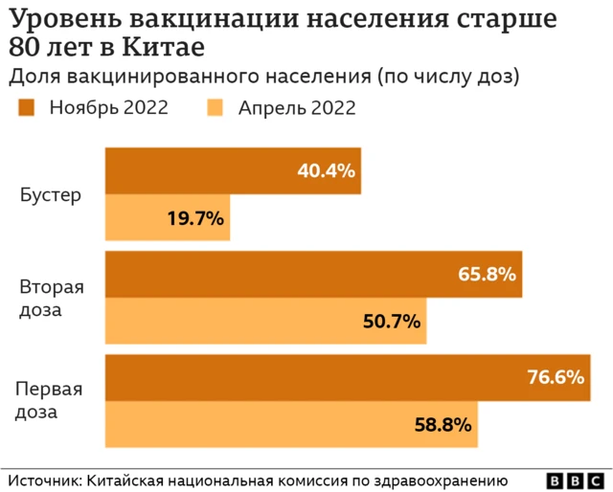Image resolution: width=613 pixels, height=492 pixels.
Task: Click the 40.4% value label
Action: (x=326, y=171)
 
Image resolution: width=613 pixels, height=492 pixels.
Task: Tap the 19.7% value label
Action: (x=195, y=218)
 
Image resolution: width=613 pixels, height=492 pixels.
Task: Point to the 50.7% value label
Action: (x=392, y=322)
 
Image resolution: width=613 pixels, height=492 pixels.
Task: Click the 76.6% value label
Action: (x=556, y=377)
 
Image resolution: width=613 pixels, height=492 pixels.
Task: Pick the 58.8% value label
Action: (x=443, y=424)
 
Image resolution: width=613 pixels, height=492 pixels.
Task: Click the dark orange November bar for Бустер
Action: (x=233, y=171)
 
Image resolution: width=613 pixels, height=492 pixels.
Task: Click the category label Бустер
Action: (x=50, y=195)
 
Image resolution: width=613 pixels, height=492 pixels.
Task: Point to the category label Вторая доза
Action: (x=52, y=299)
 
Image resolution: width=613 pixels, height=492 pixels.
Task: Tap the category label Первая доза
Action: (x=48, y=401)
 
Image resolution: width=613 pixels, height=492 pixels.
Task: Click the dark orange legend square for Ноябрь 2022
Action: (x=26, y=107)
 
